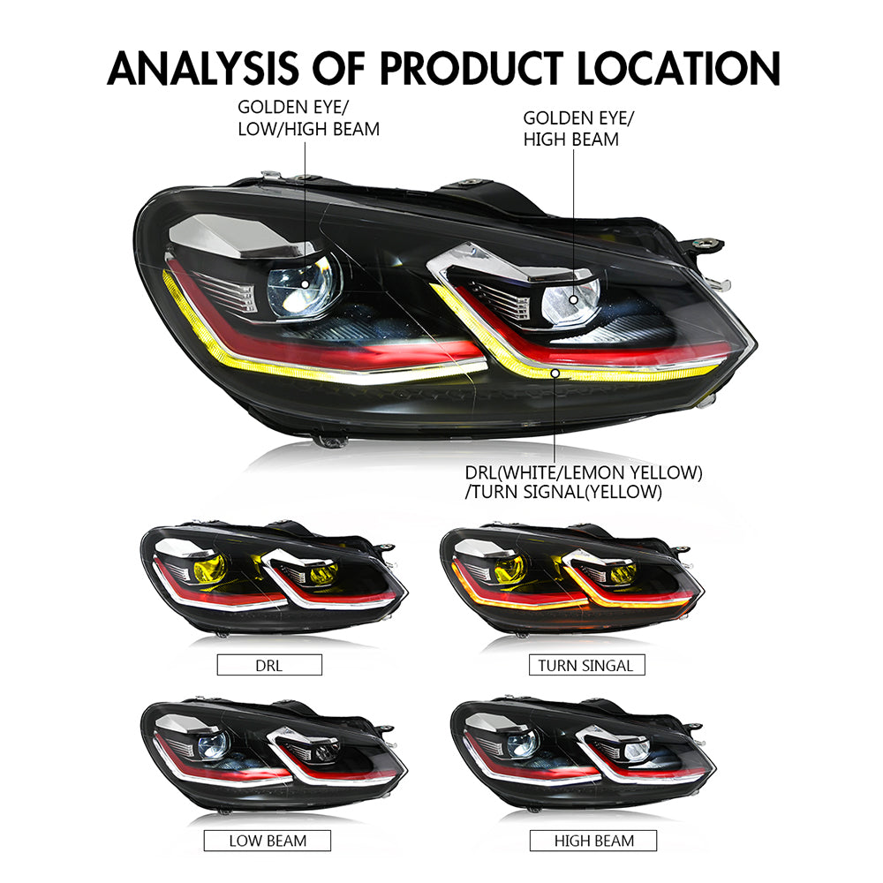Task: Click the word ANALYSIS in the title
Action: pyautogui.click(x=203, y=68)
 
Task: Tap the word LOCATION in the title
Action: pyautogui.click(x=678, y=68)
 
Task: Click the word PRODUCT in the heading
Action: pyautogui.click(x=472, y=68)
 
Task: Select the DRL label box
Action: pyautogui.click(x=269, y=665)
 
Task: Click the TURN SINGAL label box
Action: pyautogui.click(x=586, y=665)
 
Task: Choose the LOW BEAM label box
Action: pyautogui.click(x=267, y=841)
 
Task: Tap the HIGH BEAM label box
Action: pyautogui.click(x=593, y=841)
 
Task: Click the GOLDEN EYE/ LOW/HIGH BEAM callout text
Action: pyautogui.click(x=308, y=118)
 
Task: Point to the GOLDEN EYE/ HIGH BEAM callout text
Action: pyautogui.click(x=578, y=129)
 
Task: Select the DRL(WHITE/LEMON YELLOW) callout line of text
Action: pyautogui.click(x=584, y=472)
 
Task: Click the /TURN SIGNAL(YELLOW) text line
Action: pyautogui.click(x=563, y=492)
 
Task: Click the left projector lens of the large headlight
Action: pyautogui.click(x=304, y=285)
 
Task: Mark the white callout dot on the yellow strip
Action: pyautogui.click(x=555, y=374)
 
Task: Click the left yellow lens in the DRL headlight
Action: pyautogui.click(x=210, y=569)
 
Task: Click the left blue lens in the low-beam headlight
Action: pyautogui.click(x=213, y=745)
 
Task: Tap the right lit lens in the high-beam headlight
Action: pyautogui.click(x=637, y=751)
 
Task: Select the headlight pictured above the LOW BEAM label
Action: pyautogui.click(x=274, y=754)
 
